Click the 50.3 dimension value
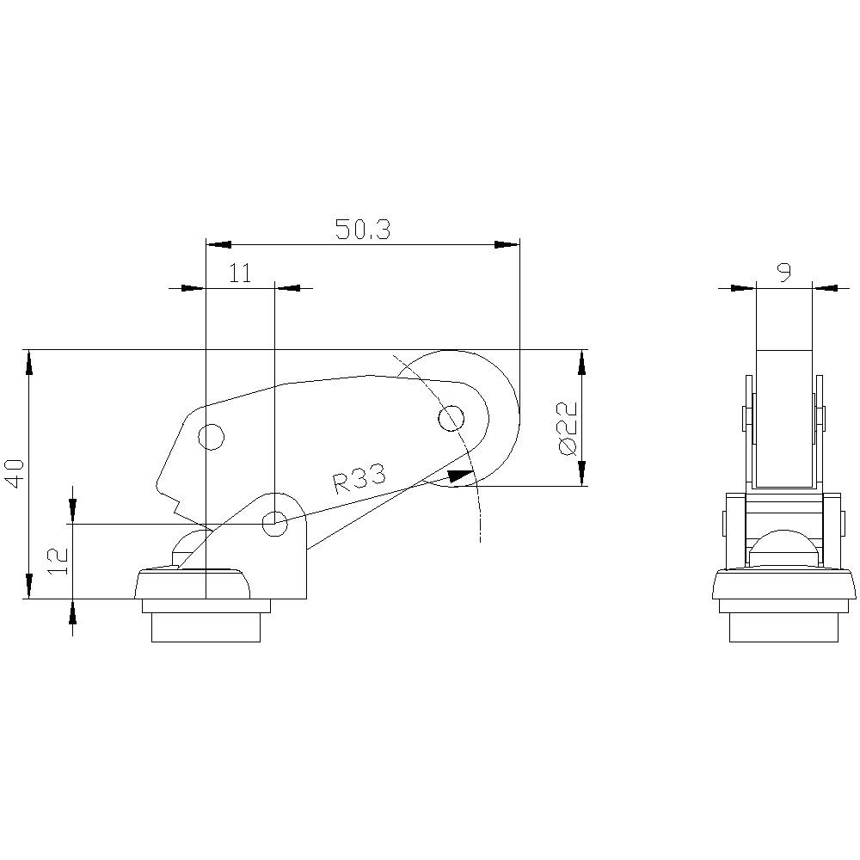point(362,230)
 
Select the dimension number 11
point(240,273)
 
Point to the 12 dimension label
point(58,560)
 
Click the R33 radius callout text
point(359,479)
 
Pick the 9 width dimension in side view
point(783,273)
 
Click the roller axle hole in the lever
point(451,419)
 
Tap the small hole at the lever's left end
point(211,437)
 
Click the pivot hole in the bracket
point(275,521)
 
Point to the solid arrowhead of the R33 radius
point(461,475)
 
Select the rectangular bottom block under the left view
point(206,627)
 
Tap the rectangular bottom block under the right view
point(783,627)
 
